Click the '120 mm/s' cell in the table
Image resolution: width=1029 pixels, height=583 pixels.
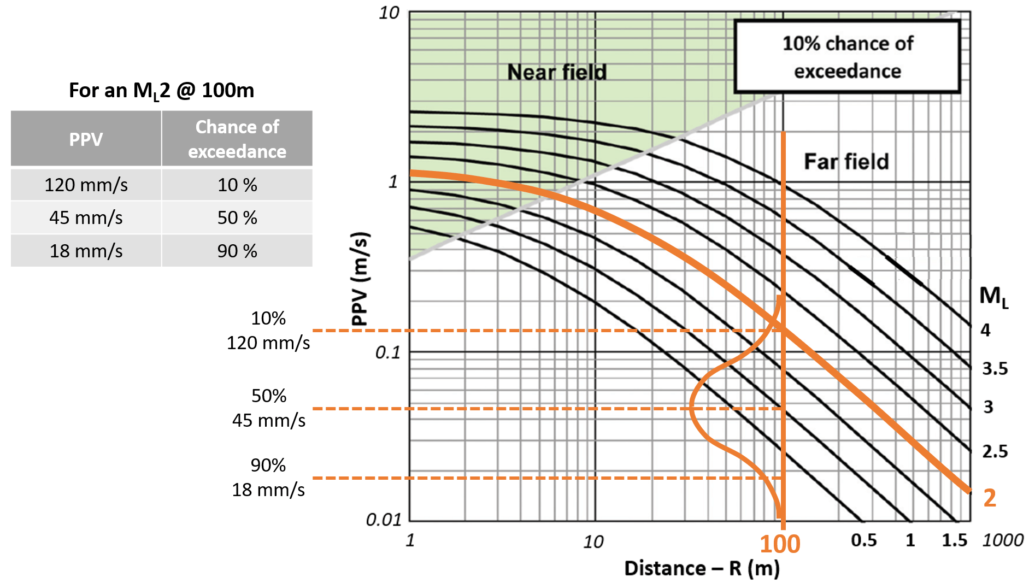pos(86,185)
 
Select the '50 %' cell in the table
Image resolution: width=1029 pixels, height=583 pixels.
pos(237,217)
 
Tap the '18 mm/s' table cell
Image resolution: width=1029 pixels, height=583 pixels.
pos(86,251)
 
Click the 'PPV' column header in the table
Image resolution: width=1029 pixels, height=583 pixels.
pos(86,139)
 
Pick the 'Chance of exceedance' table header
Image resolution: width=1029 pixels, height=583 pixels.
pos(237,139)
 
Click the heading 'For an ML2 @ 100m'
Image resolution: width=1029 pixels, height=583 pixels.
pos(161,90)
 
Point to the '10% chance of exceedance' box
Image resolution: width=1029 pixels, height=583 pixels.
pos(847,57)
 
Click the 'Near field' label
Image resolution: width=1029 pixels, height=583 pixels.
pos(557,72)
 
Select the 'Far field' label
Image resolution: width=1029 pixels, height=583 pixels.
pos(846,162)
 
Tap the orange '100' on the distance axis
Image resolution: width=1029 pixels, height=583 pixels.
pos(780,544)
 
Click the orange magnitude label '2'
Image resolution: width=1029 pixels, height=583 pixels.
pos(990,498)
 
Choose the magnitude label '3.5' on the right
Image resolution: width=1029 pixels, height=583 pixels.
pos(995,369)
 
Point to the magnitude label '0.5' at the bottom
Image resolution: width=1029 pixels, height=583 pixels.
pos(863,540)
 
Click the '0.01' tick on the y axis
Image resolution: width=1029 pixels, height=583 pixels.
pos(384,519)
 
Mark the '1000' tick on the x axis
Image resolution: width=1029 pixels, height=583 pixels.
pos(1002,540)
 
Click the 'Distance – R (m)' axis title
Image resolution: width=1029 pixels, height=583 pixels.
pos(702,568)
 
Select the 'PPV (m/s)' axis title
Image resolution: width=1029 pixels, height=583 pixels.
pos(360,279)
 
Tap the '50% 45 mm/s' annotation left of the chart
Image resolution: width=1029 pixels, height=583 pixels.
pos(269,408)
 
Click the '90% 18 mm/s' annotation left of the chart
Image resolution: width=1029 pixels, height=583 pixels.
pos(268,478)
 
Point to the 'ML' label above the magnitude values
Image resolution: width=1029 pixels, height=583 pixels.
pos(993,297)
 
